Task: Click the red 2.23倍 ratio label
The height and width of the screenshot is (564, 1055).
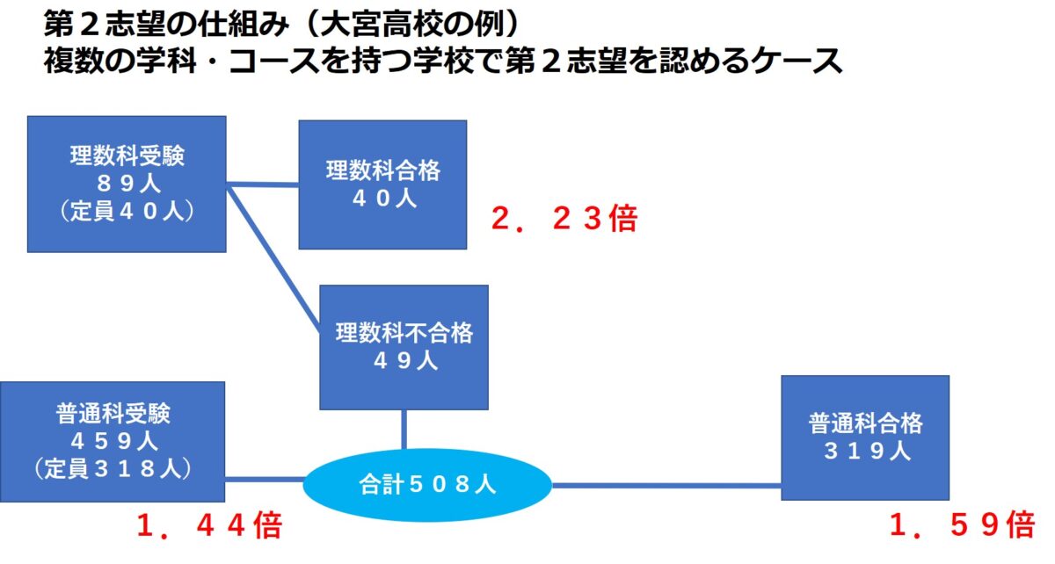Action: [x=564, y=219]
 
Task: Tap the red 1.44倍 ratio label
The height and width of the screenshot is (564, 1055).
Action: [x=209, y=525]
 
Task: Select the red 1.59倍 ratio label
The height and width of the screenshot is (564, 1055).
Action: [x=962, y=524]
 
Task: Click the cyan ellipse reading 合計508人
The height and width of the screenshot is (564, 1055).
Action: [x=427, y=485]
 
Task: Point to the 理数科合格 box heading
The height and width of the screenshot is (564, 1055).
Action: [x=383, y=170]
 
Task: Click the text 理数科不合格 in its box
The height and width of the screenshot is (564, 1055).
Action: [x=404, y=333]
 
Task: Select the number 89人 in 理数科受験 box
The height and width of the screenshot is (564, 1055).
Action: [x=128, y=183]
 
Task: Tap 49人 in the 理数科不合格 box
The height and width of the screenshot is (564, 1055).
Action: [x=405, y=360]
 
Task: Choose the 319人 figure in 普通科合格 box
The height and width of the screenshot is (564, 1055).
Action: [x=867, y=451]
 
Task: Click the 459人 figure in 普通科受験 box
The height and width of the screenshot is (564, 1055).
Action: [x=114, y=441]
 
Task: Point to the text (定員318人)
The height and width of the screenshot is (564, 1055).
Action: [x=113, y=468]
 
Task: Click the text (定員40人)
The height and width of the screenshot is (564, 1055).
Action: [x=127, y=211]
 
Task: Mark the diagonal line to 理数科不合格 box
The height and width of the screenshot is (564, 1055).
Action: [x=273, y=258]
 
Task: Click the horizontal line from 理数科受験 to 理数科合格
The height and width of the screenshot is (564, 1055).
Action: [x=262, y=184]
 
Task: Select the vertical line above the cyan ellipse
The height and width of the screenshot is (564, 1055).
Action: [x=404, y=430]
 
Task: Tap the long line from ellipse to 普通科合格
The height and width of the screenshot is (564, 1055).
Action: [x=666, y=486]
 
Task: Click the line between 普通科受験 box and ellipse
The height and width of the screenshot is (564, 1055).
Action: [x=265, y=480]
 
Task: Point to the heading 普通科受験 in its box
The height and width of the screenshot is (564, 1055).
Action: [x=113, y=414]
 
